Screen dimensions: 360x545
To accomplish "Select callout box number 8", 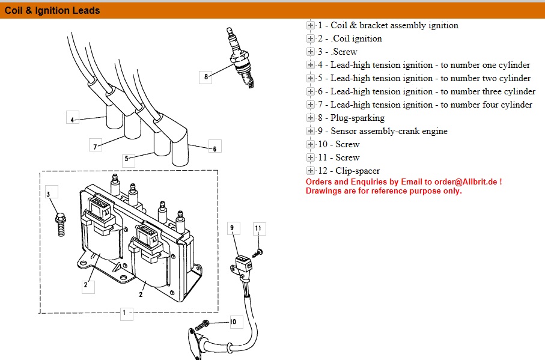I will [206, 76].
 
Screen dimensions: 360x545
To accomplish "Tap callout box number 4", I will [72, 120].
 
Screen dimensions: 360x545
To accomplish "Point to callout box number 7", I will [94, 145].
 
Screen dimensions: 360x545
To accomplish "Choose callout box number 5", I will [127, 159].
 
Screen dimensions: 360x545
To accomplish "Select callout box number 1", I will [125, 313].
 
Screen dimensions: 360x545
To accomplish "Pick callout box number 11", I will [258, 228].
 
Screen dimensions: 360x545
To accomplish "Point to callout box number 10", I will [233, 322].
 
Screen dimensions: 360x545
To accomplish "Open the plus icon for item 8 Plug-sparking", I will [310, 118].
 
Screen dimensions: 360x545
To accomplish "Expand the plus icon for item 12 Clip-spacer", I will [310, 171].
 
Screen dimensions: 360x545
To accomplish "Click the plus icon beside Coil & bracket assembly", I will [310, 25].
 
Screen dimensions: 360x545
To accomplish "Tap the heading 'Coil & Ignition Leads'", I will [53, 10].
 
